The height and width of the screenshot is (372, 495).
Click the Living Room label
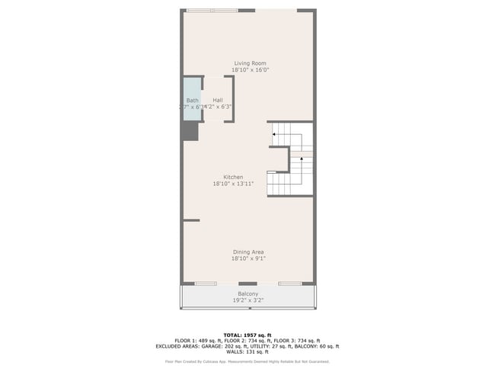tap(249, 63)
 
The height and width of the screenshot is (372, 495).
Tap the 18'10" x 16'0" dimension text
tap(249, 70)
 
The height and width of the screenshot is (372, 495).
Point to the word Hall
tap(218, 100)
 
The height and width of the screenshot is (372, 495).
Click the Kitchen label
tap(233, 177)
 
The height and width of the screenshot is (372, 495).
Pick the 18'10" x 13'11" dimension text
tap(233, 184)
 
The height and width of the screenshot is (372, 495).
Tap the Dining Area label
tap(248, 252)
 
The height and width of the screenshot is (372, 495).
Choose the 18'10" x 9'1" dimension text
tap(248, 258)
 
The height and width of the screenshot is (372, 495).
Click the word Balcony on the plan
tap(247, 293)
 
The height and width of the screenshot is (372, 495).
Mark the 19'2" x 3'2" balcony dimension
tap(247, 300)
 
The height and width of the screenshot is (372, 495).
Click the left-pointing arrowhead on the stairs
tap(274, 135)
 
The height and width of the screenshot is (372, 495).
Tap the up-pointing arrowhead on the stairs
tap(302, 159)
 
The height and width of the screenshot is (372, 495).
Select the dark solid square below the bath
tap(190, 132)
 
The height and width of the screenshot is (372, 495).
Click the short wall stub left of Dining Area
tap(191, 220)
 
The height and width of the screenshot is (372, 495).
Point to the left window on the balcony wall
tap(206, 284)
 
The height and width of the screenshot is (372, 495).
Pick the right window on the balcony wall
tap(290, 284)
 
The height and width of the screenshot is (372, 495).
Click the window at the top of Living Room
tap(212, 11)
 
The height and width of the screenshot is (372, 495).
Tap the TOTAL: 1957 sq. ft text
tap(247, 335)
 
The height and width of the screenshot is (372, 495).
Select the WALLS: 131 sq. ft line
tap(247, 351)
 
